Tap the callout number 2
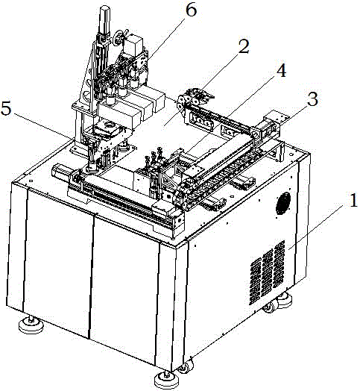pyautogui.click(x=243, y=46)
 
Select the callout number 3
pyautogui.click(x=312, y=99)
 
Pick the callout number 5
pyautogui.click(x=7, y=108)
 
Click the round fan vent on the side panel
pyautogui.click(x=283, y=203)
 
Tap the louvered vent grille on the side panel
pyautogui.click(x=267, y=272)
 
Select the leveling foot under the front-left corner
pyautogui.click(x=31, y=326)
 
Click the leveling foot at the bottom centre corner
pyautogui.click(x=166, y=380)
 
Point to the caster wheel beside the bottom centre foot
pyautogui.click(x=186, y=366)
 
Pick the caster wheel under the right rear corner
pyautogui.click(x=270, y=306)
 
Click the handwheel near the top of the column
pyautogui.click(x=119, y=37)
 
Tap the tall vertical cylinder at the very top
pyautogui.click(x=105, y=20)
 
